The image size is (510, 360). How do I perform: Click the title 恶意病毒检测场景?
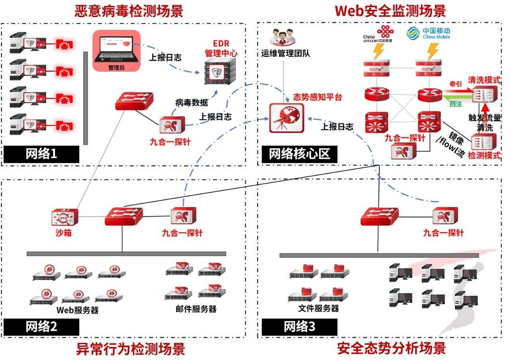(129, 11)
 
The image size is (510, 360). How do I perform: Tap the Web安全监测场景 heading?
(390, 11)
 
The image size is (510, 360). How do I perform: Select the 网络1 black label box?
(41, 154)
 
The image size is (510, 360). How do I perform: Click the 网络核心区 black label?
(299, 154)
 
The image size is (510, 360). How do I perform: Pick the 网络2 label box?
(41, 327)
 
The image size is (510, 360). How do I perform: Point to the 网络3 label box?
(299, 327)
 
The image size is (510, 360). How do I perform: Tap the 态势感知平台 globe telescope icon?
(286, 117)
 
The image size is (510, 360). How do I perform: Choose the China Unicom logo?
(378, 33)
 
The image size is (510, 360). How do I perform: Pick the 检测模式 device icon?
(484, 142)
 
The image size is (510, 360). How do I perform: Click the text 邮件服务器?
(196, 309)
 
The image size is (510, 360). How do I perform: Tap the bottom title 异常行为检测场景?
(131, 349)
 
